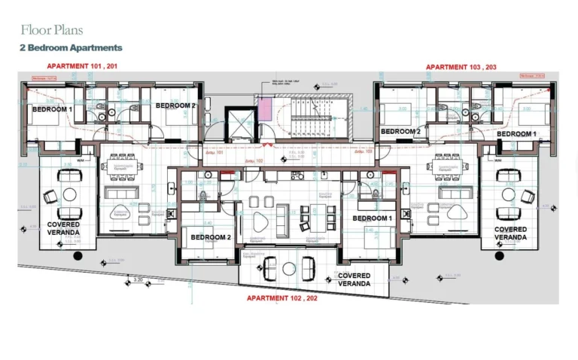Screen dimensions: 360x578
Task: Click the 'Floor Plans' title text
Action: coord(52,30)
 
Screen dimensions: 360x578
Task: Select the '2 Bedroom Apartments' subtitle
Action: coord(71,47)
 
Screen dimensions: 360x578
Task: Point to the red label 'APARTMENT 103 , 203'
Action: coord(461,67)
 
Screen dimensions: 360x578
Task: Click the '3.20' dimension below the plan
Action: coord(138,279)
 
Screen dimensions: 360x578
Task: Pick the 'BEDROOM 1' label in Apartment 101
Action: coord(52,109)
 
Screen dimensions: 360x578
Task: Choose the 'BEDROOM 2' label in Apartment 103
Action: coord(400,131)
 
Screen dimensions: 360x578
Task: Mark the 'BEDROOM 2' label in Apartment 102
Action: coord(211,237)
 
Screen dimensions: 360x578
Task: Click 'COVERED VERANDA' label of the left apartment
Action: coord(63,229)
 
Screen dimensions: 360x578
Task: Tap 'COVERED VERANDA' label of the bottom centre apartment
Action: coord(354,279)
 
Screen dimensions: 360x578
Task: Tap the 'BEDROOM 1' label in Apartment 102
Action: coord(372,218)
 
